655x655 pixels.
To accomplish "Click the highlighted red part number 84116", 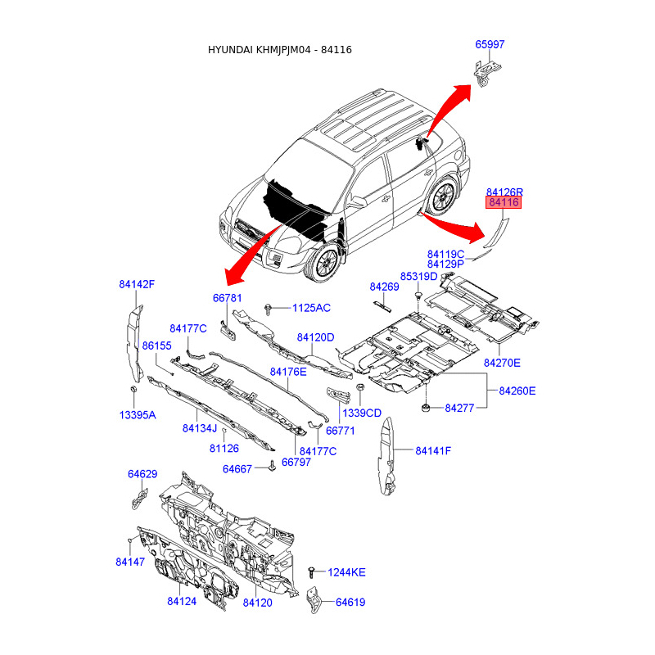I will (504, 202).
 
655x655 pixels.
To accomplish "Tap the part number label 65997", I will (490, 45).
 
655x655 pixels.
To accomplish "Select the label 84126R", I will (504, 190).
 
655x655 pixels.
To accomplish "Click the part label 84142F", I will (137, 284).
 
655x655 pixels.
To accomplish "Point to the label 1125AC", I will (312, 308).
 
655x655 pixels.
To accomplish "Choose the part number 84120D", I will (316, 337).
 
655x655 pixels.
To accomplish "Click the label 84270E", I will (502, 362).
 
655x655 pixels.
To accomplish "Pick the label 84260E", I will (517, 391).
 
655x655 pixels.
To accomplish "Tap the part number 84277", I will (459, 408).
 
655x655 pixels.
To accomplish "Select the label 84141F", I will (433, 450).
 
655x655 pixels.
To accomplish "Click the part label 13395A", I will (138, 415).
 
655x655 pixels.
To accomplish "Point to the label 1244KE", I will (347, 572).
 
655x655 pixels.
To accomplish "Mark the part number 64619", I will (350, 603).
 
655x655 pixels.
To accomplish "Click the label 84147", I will (130, 562).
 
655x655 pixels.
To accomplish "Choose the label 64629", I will (142, 474).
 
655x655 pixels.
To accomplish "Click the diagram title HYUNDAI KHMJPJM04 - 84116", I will (281, 50).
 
